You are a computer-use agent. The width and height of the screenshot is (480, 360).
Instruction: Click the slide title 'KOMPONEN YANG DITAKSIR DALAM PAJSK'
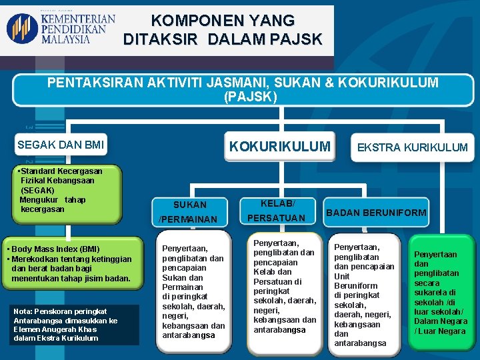coord(223,30)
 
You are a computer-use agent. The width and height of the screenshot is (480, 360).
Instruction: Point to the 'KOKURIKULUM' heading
coord(279,145)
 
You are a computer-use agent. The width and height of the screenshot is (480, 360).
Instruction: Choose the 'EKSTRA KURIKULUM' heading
coord(412,147)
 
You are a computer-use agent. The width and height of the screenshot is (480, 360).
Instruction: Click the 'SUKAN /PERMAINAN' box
coord(190,211)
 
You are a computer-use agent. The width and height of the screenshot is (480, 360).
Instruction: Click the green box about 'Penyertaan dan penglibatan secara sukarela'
coord(441,293)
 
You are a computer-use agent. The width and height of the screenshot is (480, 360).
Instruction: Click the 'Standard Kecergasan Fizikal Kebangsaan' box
coord(61,190)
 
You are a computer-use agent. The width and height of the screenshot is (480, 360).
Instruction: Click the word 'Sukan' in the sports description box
coord(173,277)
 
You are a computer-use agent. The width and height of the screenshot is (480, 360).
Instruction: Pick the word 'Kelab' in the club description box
coord(264,272)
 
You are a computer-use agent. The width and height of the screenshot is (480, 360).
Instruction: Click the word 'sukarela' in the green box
coord(435,292)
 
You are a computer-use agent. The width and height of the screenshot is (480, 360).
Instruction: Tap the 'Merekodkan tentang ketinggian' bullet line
coord(69,259)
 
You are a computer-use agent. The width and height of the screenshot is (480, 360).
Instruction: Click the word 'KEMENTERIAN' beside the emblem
coord(77,19)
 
